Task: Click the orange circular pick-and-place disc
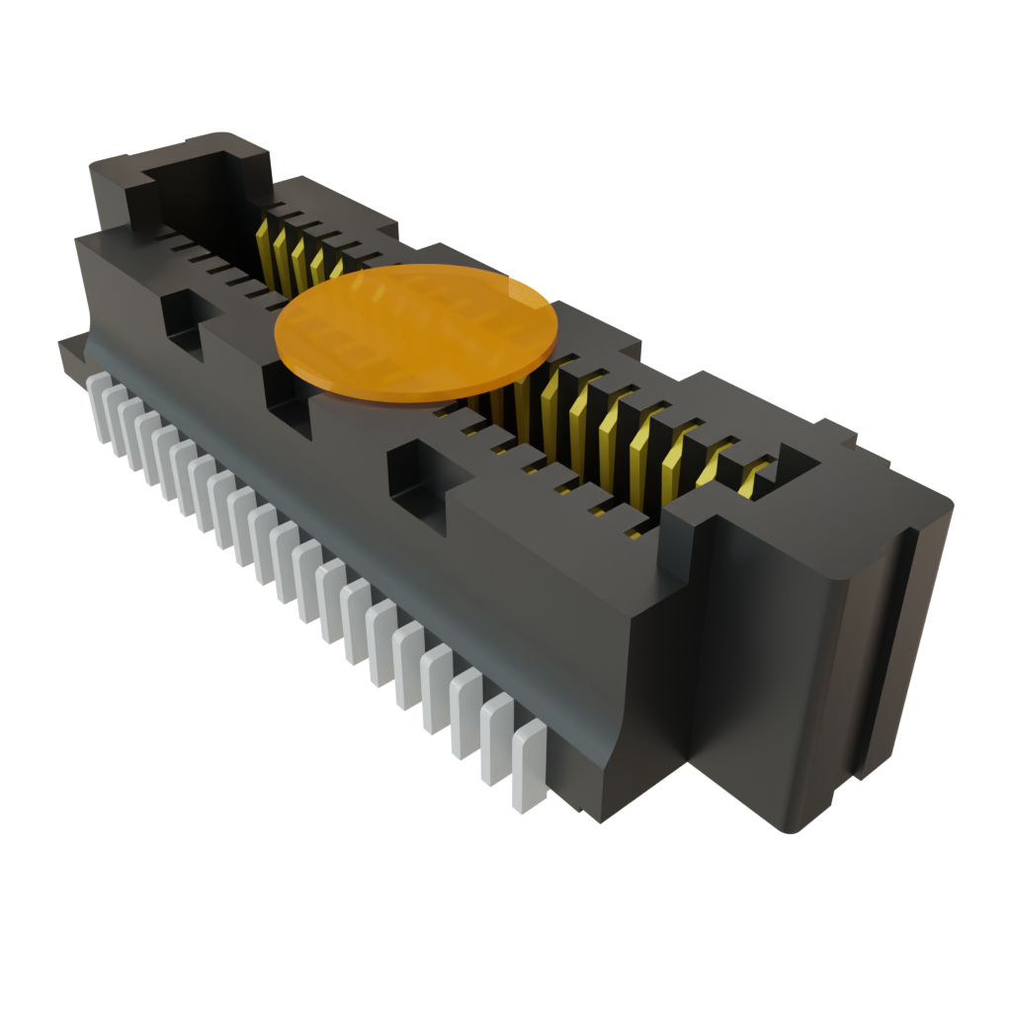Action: click(415, 333)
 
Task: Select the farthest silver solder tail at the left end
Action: click(100, 405)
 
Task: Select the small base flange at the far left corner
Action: click(72, 351)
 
